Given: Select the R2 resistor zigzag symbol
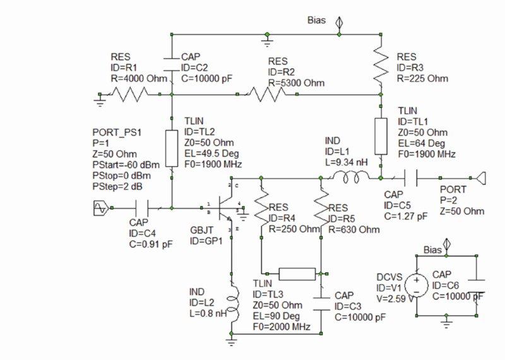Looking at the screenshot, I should coord(268,95).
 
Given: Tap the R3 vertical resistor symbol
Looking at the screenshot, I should coord(380,63).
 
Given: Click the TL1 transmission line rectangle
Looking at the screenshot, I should coord(380,136).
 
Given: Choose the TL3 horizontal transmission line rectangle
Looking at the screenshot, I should coord(297,273).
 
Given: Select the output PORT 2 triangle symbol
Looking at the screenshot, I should coord(481,179).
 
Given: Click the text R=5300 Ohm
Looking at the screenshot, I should coord(295,83).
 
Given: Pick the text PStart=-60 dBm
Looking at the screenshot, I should coord(125,164).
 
